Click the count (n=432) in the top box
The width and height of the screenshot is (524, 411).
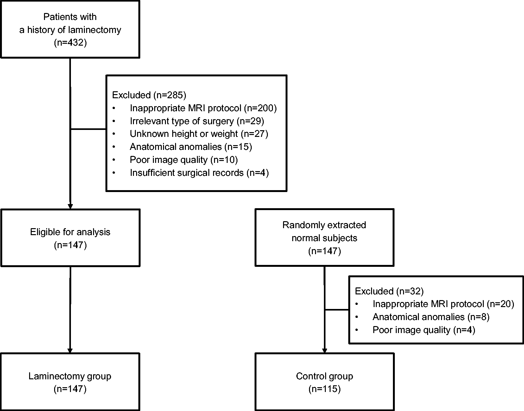(x=70, y=43)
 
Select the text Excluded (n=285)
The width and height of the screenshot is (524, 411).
(x=149, y=95)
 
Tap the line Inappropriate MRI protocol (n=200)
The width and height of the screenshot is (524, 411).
(x=203, y=108)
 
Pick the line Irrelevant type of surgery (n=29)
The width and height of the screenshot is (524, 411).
(x=197, y=121)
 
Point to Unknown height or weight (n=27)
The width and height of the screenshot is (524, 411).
(x=199, y=134)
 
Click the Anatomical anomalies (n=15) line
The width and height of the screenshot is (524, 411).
(x=191, y=147)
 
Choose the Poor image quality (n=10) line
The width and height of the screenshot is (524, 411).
(x=184, y=160)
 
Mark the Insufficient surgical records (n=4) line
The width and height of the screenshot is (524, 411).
(x=199, y=173)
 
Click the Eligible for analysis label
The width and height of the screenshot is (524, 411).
(x=70, y=232)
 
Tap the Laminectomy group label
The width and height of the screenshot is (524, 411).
(x=70, y=376)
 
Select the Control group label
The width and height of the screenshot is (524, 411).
(x=325, y=376)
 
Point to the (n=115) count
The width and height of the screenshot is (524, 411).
(x=325, y=389)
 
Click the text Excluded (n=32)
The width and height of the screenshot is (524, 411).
(x=389, y=291)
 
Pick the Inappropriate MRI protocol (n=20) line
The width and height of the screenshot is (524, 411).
(x=444, y=304)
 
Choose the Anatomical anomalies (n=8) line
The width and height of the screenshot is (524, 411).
(x=431, y=317)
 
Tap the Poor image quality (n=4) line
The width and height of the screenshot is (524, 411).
(x=424, y=330)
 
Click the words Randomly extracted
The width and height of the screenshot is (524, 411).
(x=324, y=225)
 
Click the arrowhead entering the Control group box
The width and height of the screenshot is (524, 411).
(x=325, y=351)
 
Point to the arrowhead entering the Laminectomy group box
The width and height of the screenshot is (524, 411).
(x=70, y=351)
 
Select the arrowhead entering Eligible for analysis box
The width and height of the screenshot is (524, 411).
(x=70, y=207)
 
